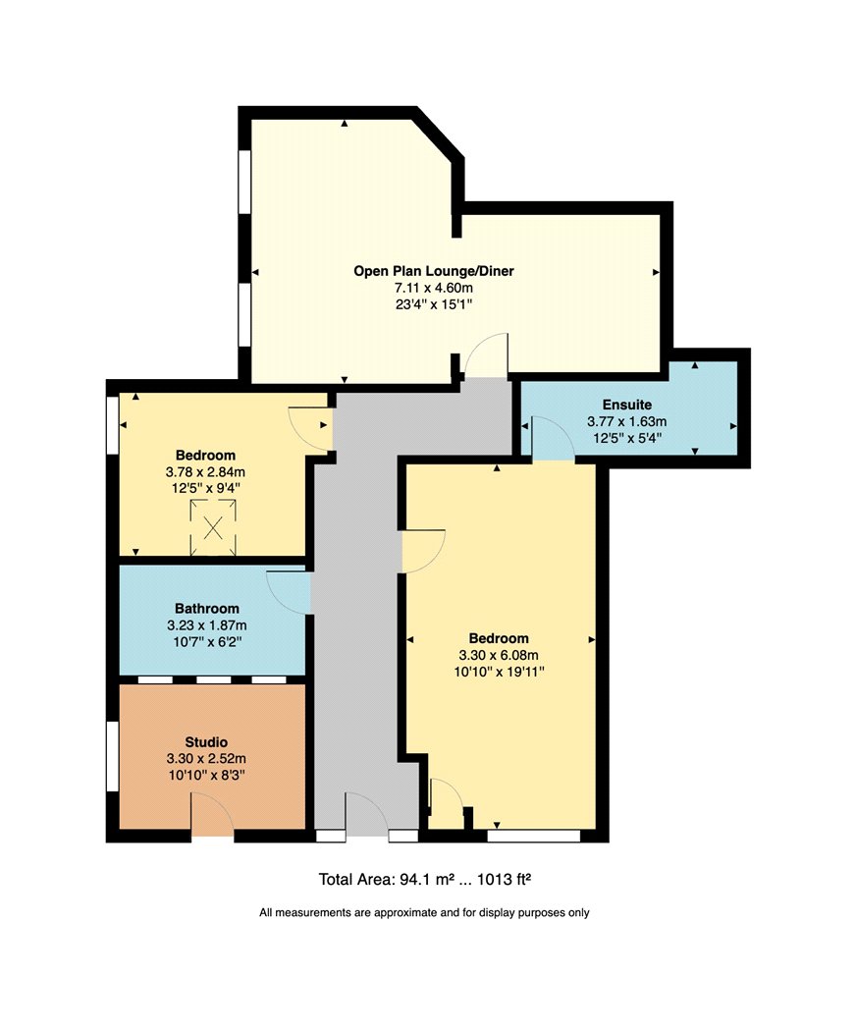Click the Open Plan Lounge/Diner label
tap(433, 271)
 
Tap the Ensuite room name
tap(627, 405)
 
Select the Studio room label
tap(206, 742)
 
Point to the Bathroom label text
tap(206, 609)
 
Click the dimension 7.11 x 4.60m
tap(433, 288)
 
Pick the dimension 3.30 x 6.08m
tap(499, 655)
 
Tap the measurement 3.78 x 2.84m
tap(205, 472)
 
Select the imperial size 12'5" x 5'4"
tap(627, 438)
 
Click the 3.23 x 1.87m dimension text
tap(206, 626)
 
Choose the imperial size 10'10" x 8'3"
tap(206, 776)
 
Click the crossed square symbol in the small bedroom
tap(213, 528)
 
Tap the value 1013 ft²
tap(505, 879)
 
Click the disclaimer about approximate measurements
tap(425, 912)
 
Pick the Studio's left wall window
tap(113, 756)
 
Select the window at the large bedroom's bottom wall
tap(534, 836)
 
